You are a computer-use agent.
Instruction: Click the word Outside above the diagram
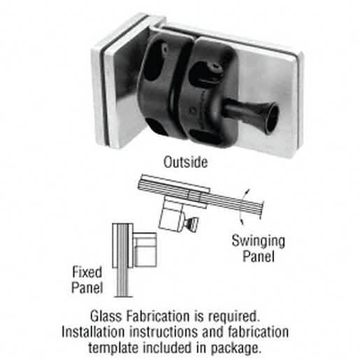pos(185,162)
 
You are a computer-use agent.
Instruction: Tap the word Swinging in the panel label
pos(258,242)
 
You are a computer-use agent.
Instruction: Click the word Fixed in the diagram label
pos(87,272)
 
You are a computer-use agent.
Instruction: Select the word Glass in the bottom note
pos(106,317)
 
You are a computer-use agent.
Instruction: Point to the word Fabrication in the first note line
pos(158,317)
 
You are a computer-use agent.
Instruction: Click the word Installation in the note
pos(93,332)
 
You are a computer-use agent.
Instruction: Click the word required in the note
pos(233,317)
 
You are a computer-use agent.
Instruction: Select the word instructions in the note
pos(164,332)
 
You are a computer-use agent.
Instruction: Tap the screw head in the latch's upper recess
pos(214,68)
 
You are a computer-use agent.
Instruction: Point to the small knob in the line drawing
pos(192,224)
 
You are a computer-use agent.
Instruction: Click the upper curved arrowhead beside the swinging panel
pos(247,192)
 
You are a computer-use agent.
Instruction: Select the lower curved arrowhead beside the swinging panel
pos(242,221)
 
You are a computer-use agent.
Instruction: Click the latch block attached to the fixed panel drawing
pos(145,250)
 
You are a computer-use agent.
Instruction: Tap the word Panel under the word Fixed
pos(87,287)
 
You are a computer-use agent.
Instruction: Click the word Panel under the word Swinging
pos(259,257)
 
